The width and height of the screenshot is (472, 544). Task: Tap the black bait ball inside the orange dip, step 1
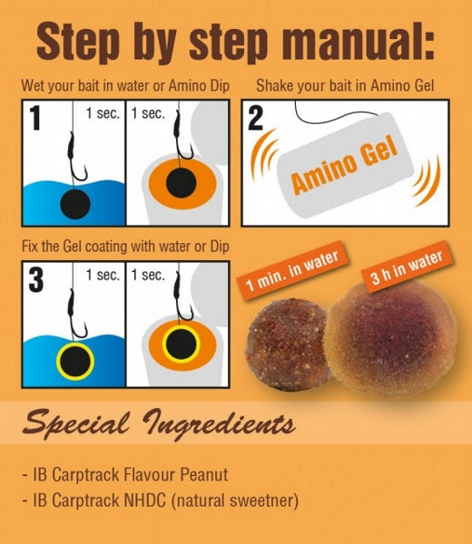181,184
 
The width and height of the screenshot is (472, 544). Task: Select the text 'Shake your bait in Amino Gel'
345,87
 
